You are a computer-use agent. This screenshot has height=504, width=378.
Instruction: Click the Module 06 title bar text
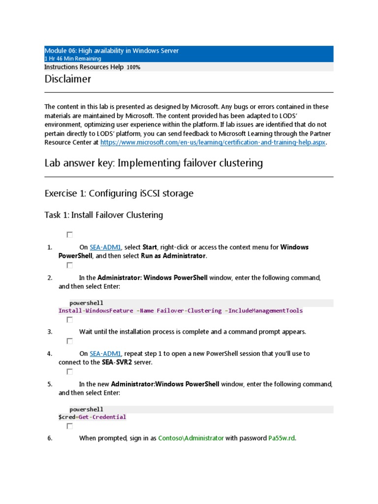click(x=112, y=51)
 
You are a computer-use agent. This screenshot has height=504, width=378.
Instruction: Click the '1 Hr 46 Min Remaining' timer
click(x=73, y=59)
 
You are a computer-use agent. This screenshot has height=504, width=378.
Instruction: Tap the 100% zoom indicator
click(x=133, y=67)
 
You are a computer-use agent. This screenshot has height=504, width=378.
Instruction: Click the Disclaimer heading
click(x=67, y=79)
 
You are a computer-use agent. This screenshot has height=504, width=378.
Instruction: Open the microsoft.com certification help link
click(x=213, y=143)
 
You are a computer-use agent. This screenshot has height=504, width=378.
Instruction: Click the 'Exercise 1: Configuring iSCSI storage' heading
click(x=119, y=193)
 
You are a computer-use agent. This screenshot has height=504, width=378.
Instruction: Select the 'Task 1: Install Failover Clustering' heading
click(x=103, y=215)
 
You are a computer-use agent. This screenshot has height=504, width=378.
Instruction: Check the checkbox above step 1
click(x=70, y=235)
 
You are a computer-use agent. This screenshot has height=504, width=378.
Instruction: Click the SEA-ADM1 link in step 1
click(x=105, y=247)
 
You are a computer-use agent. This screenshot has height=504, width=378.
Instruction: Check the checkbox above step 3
click(x=70, y=320)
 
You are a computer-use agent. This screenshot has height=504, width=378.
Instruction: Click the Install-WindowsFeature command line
click(x=181, y=311)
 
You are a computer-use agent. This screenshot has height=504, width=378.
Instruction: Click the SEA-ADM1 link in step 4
click(x=105, y=353)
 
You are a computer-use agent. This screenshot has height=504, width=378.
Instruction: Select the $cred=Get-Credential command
click(x=92, y=417)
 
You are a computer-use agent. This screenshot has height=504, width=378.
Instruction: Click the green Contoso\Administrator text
click(x=191, y=438)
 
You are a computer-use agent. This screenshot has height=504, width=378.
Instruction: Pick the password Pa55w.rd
click(x=282, y=438)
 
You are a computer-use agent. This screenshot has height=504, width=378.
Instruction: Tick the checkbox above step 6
click(x=70, y=426)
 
